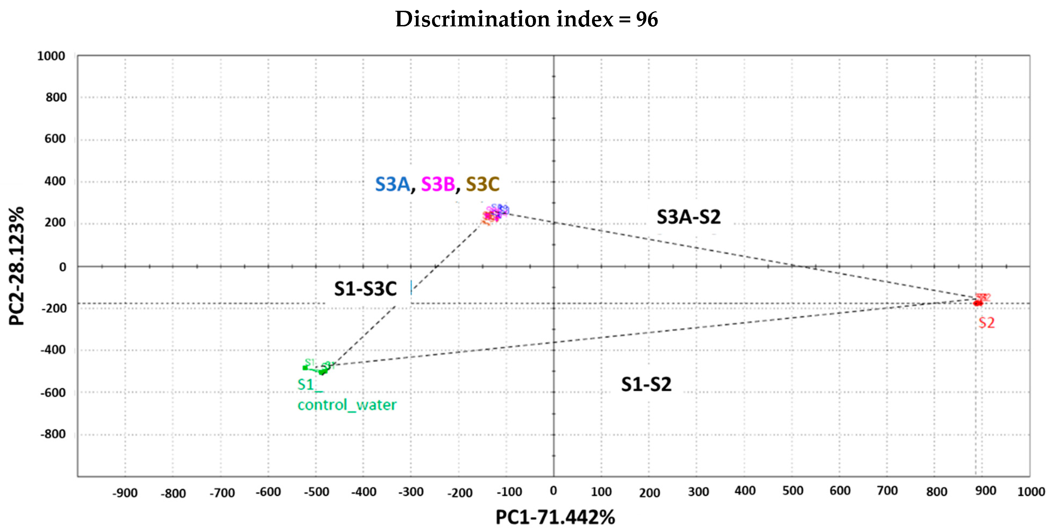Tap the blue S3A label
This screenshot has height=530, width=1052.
click(x=392, y=184)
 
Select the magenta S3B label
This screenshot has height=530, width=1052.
click(x=437, y=184)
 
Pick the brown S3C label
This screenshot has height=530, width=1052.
click(x=482, y=184)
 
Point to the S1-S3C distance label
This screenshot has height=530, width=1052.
click(x=365, y=289)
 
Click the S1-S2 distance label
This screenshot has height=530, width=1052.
click(x=646, y=384)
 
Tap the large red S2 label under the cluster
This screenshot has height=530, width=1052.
click(x=986, y=323)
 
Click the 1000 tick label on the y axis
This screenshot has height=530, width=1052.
click(x=51, y=56)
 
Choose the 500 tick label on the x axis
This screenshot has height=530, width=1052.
click(x=793, y=491)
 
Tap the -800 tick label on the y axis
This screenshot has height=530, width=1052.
click(x=53, y=434)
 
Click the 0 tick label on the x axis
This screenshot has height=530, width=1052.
click(x=553, y=491)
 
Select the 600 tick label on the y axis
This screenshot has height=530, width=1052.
click(x=55, y=139)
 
